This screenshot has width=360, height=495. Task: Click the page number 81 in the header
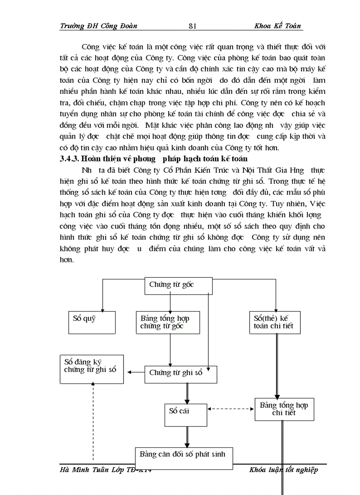192,26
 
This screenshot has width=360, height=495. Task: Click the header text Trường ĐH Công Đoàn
98,26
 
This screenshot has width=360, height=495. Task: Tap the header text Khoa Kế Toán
277,26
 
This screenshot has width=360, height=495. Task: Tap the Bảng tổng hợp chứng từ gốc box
168,322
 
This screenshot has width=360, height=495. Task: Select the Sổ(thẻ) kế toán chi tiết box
277,322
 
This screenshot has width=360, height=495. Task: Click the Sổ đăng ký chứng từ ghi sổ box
91,369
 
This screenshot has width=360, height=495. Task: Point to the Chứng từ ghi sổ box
181,373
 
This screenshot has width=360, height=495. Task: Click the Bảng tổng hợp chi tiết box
284,409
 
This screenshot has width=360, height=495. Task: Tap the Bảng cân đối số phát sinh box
183,454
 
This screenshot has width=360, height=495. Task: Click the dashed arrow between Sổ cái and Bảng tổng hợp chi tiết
231,409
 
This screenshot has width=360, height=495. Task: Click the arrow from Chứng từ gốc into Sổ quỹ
103,295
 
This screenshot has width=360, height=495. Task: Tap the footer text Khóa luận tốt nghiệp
283,470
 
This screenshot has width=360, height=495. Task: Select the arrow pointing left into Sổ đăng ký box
135,373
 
